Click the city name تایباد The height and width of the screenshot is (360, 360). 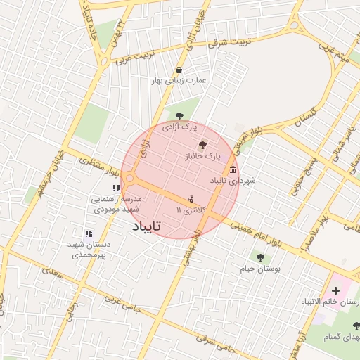pos(147,227)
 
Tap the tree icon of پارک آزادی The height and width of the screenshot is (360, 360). pos(179,116)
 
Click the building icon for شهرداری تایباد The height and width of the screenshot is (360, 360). pos(233,169)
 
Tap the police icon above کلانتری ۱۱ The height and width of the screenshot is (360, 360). pos(191,199)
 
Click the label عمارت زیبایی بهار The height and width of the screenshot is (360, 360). pos(181,81)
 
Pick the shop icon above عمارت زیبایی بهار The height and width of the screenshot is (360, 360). pos(180,70)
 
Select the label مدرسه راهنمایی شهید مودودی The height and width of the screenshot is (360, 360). pos(116,204)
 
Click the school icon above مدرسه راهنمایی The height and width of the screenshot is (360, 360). pos(116,188)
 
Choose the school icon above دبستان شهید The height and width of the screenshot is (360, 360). pos(89,233)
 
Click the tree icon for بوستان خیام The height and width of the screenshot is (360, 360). pos(260,258)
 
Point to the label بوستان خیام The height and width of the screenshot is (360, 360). pos(260,269)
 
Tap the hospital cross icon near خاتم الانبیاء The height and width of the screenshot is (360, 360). pos(335,290)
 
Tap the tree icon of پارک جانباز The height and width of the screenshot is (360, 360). pos(203,143)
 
